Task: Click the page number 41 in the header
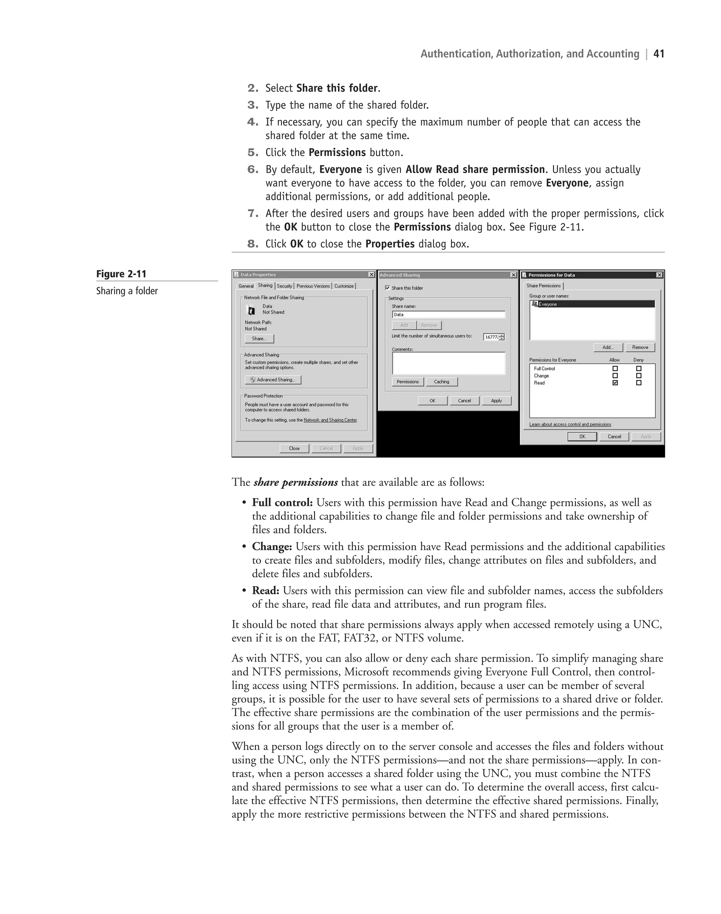point(659,54)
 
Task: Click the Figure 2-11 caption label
point(121,274)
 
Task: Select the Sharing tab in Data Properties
point(265,286)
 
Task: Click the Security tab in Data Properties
point(284,286)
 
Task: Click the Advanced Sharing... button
point(273,380)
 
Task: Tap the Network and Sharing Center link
point(330,420)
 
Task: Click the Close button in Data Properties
point(294,448)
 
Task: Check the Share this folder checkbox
point(388,288)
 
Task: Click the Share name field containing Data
point(448,314)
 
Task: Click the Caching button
point(441,382)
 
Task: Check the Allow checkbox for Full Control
point(615,369)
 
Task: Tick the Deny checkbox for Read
point(639,383)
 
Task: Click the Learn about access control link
point(570,424)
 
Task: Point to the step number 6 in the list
point(252,170)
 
